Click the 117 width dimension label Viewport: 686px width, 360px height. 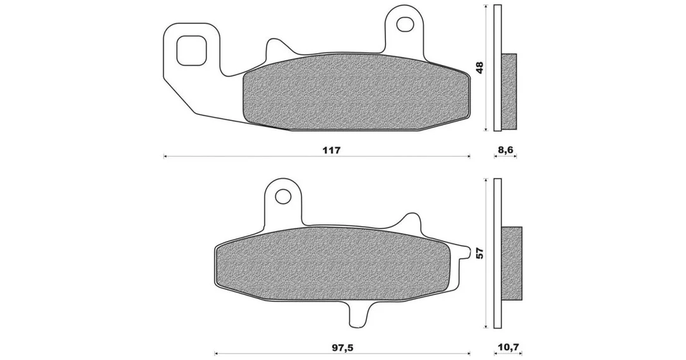(331, 150)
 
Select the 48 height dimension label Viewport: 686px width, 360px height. (480, 67)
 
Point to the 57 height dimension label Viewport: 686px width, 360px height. (480, 253)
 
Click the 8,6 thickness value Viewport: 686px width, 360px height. (505, 150)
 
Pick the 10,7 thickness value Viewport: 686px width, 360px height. (508, 348)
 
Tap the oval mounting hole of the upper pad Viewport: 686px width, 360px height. (405, 24)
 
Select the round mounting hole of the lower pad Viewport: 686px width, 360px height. (284, 195)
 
